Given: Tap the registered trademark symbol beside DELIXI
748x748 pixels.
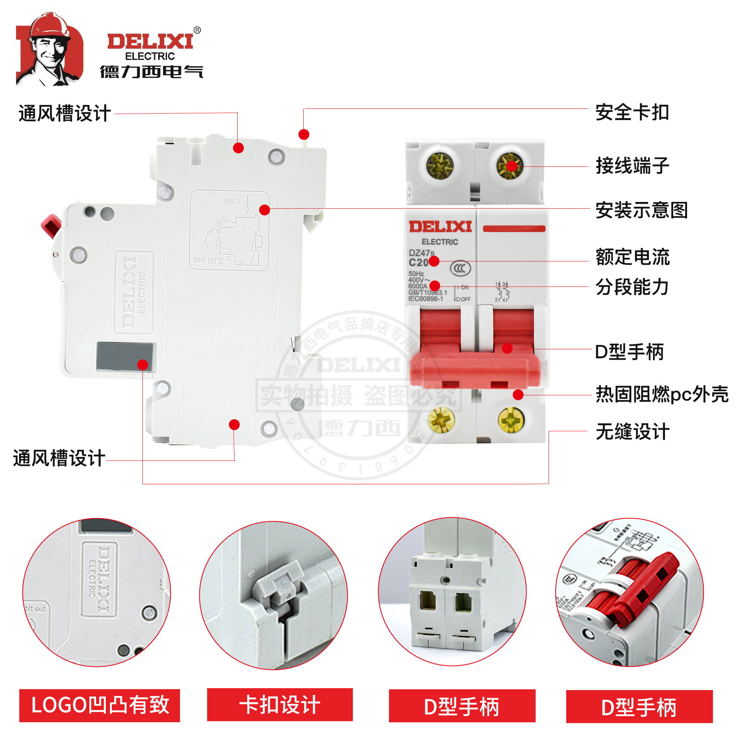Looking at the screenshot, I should (197, 30).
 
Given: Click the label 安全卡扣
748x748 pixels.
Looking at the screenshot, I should (632, 113).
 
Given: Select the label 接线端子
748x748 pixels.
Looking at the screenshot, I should (632, 166).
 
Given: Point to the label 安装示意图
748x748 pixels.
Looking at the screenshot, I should (641, 210).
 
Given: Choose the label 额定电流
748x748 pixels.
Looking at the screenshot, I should (632, 257).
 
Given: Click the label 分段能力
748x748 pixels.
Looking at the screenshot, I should (632, 287).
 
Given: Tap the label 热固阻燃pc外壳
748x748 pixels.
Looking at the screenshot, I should (662, 394).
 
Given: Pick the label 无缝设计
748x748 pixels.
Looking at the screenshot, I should (632, 431).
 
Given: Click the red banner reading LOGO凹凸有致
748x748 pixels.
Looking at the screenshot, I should (99, 705).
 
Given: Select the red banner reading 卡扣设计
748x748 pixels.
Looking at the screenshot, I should (279, 704).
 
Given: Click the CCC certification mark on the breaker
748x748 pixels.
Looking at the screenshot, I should (460, 268).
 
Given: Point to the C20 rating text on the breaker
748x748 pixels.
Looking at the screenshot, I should (418, 263).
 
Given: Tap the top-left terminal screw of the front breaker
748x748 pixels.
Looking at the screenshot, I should (439, 166).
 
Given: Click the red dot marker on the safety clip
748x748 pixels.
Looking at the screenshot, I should (304, 134).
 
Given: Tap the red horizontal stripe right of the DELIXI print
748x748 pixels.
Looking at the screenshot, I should (514, 229).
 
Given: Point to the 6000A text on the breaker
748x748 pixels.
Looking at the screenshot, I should (418, 286).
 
